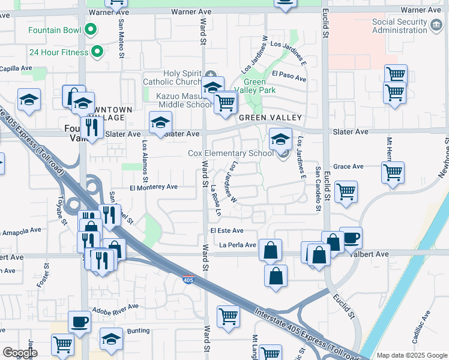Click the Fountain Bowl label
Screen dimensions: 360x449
[x=55, y=29]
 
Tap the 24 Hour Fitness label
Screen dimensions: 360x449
[x=59, y=52]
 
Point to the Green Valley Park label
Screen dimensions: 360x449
[x=259, y=86]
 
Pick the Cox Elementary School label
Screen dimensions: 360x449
[x=231, y=154]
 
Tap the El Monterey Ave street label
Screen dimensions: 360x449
[x=154, y=187]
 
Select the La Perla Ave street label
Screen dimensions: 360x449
[x=237, y=245]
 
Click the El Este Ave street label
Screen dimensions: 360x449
[x=226, y=230]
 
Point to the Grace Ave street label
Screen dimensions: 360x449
[x=348, y=166]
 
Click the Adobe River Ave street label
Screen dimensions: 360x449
[x=115, y=310]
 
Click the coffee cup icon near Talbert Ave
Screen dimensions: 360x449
[x=351, y=237]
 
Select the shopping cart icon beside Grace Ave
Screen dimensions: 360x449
[x=393, y=172]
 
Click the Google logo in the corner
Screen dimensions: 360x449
[x=19, y=353]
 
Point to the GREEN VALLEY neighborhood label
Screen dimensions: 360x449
[x=270, y=118]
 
